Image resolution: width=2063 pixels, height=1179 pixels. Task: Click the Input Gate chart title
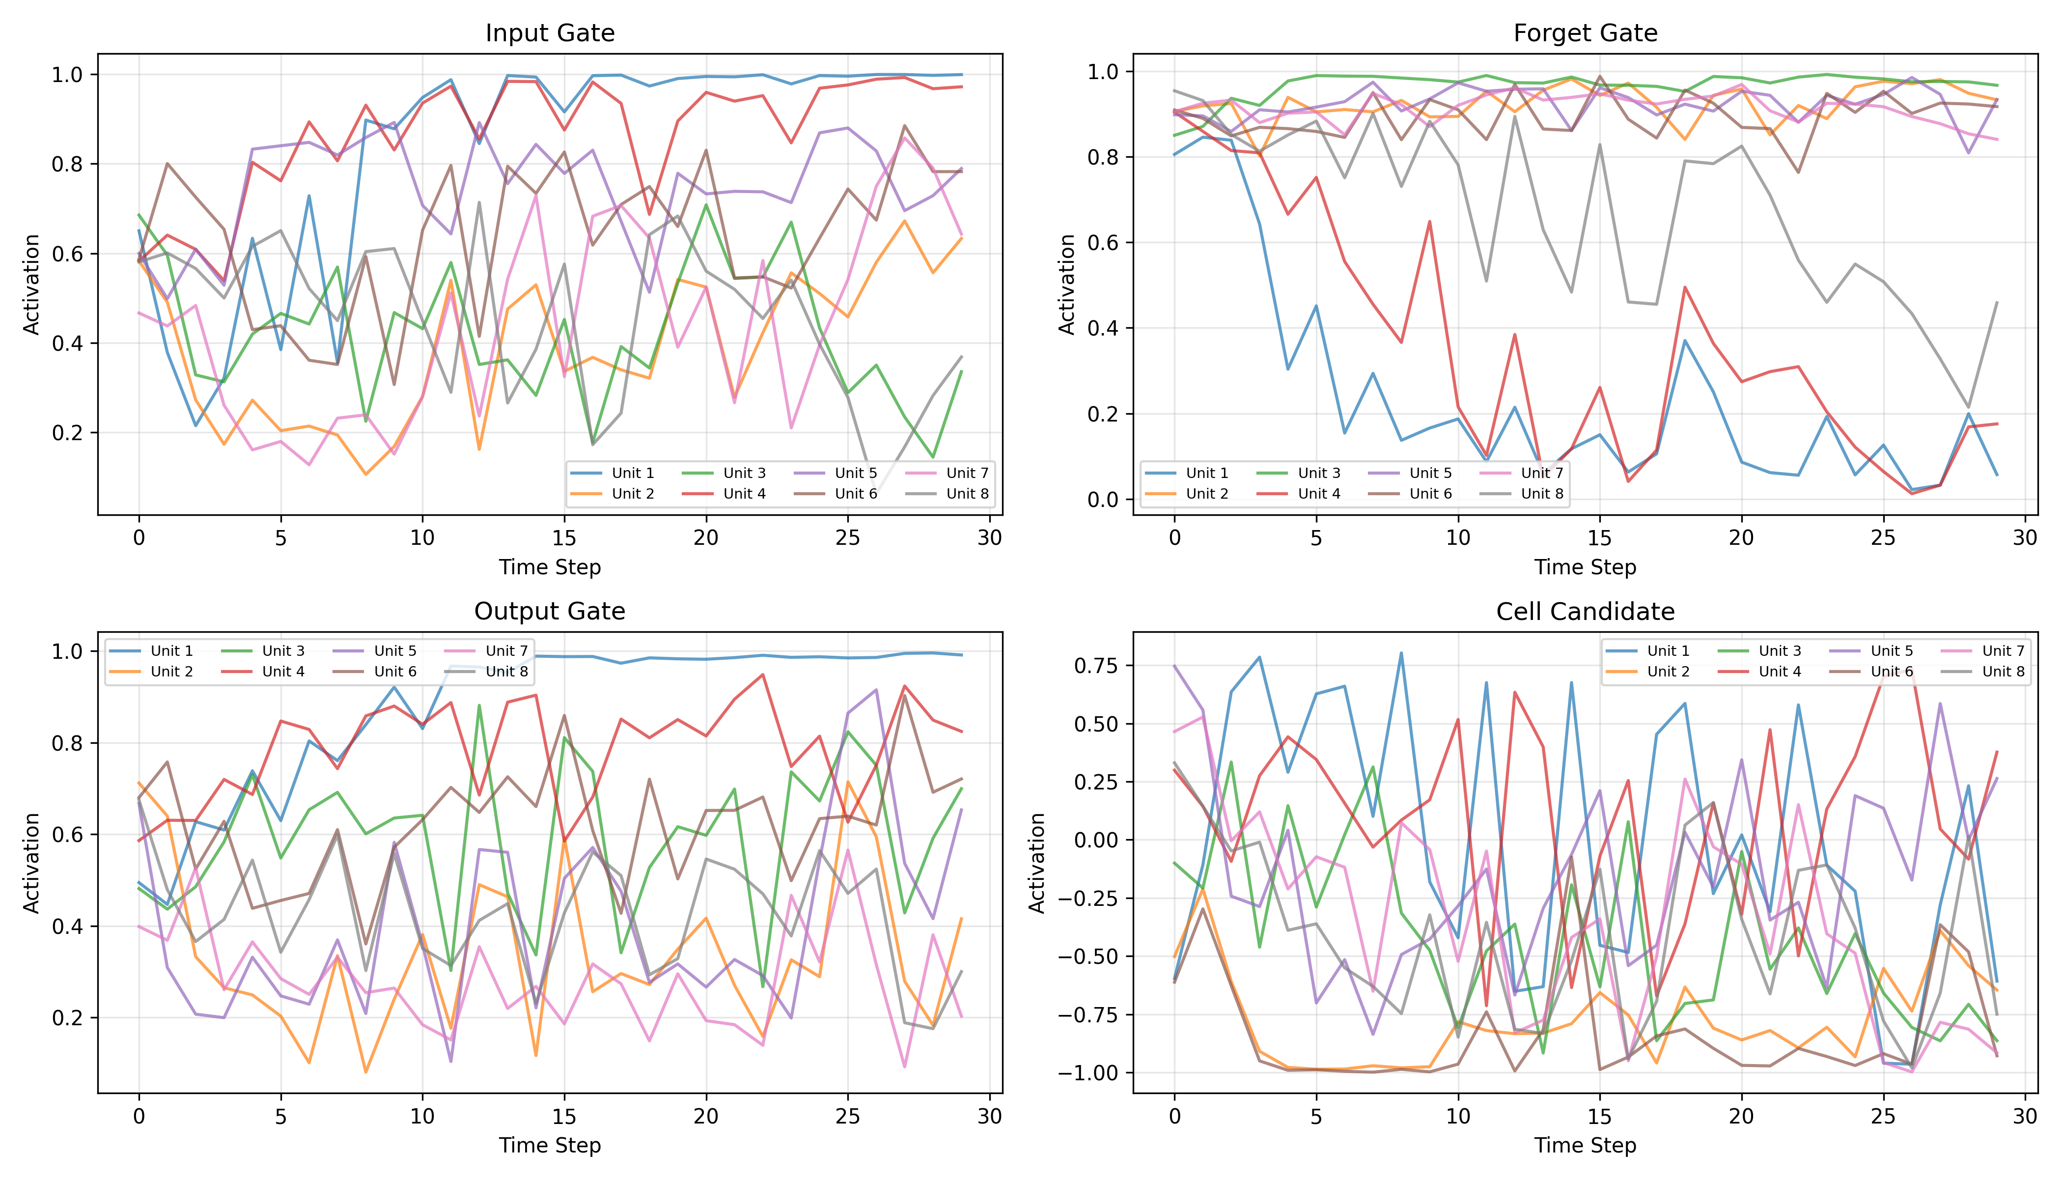tap(550, 33)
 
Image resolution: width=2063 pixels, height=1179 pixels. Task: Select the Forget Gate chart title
tap(1585, 33)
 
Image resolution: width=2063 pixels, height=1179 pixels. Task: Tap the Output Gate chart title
tap(550, 612)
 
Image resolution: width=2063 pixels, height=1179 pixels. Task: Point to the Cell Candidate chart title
tap(1585, 612)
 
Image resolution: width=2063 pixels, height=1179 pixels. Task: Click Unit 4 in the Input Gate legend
tap(743, 494)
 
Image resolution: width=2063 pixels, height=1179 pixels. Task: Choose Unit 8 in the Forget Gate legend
tap(1541, 494)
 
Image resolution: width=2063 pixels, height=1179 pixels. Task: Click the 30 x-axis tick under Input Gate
tap(989, 538)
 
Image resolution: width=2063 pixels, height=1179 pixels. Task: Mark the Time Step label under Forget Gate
tap(1585, 567)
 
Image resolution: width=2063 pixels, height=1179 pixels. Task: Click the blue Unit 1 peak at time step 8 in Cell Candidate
tap(1401, 653)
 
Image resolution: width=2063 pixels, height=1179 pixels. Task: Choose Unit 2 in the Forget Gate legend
tap(1206, 494)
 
